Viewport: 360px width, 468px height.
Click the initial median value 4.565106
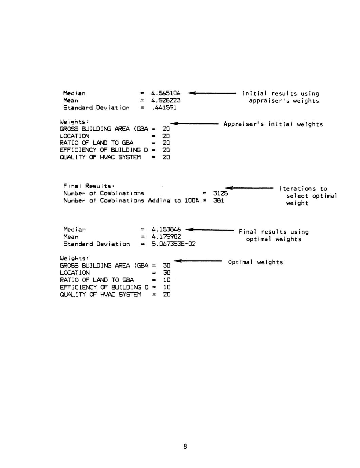pos(166,93)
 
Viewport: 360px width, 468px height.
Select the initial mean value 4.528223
pos(166,100)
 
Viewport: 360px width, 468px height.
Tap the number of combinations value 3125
pos(220,193)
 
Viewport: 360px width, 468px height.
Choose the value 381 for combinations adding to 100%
pos(219,200)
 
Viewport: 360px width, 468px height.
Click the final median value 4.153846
pos(166,230)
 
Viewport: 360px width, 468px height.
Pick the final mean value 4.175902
pos(166,237)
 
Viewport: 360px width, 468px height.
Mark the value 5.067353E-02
pos(173,244)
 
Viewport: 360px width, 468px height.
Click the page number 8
pos(185,447)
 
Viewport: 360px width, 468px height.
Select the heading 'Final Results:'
pos(89,186)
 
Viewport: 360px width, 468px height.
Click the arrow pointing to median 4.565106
pos(211,93)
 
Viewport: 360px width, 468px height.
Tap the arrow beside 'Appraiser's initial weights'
pos(194,124)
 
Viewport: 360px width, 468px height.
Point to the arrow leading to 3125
pos(249,188)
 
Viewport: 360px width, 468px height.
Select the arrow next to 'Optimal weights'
pos(197,261)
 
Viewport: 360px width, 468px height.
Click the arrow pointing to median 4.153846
pos(210,230)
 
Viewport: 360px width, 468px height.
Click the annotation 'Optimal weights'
pos(255,262)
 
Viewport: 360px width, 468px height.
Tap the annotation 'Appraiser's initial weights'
pos(273,124)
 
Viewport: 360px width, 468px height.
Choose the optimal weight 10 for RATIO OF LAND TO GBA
pos(166,280)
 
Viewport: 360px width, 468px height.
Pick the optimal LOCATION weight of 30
pos(166,273)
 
